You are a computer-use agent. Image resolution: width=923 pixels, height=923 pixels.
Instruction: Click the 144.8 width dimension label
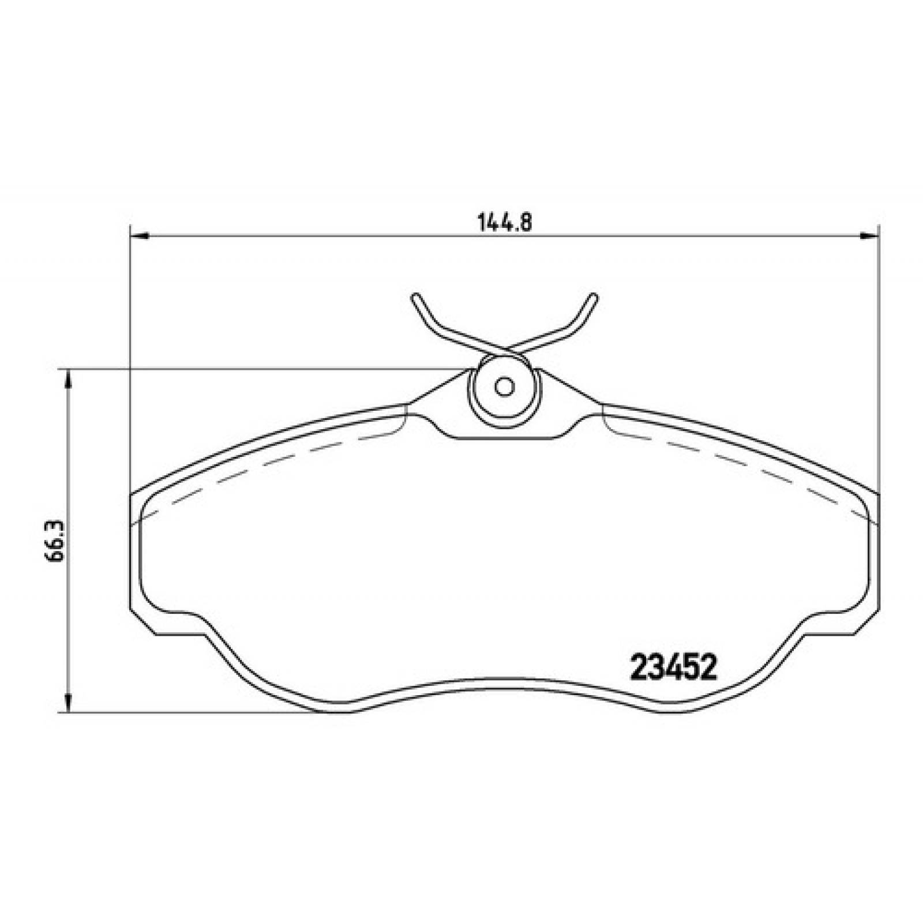(x=504, y=222)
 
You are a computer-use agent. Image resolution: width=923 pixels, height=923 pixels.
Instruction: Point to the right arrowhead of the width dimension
(x=869, y=235)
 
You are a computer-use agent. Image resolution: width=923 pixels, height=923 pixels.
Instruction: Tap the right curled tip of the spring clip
(x=593, y=299)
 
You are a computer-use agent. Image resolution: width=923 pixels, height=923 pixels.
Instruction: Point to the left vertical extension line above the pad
(x=129, y=346)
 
